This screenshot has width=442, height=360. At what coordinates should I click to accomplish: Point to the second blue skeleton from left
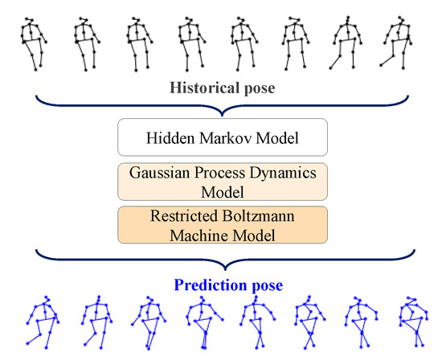pos(94,323)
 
